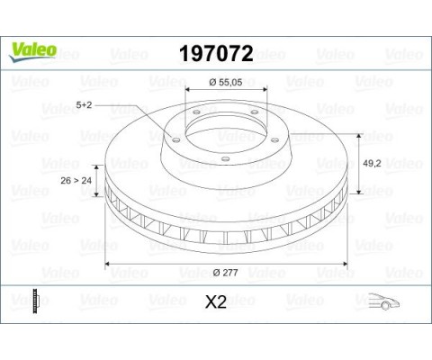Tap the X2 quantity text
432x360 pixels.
216,303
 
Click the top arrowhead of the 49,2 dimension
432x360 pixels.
360,133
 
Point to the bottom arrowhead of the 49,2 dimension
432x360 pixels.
360,193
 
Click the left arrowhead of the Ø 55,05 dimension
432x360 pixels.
188,91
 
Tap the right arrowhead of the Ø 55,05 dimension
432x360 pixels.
263,91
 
